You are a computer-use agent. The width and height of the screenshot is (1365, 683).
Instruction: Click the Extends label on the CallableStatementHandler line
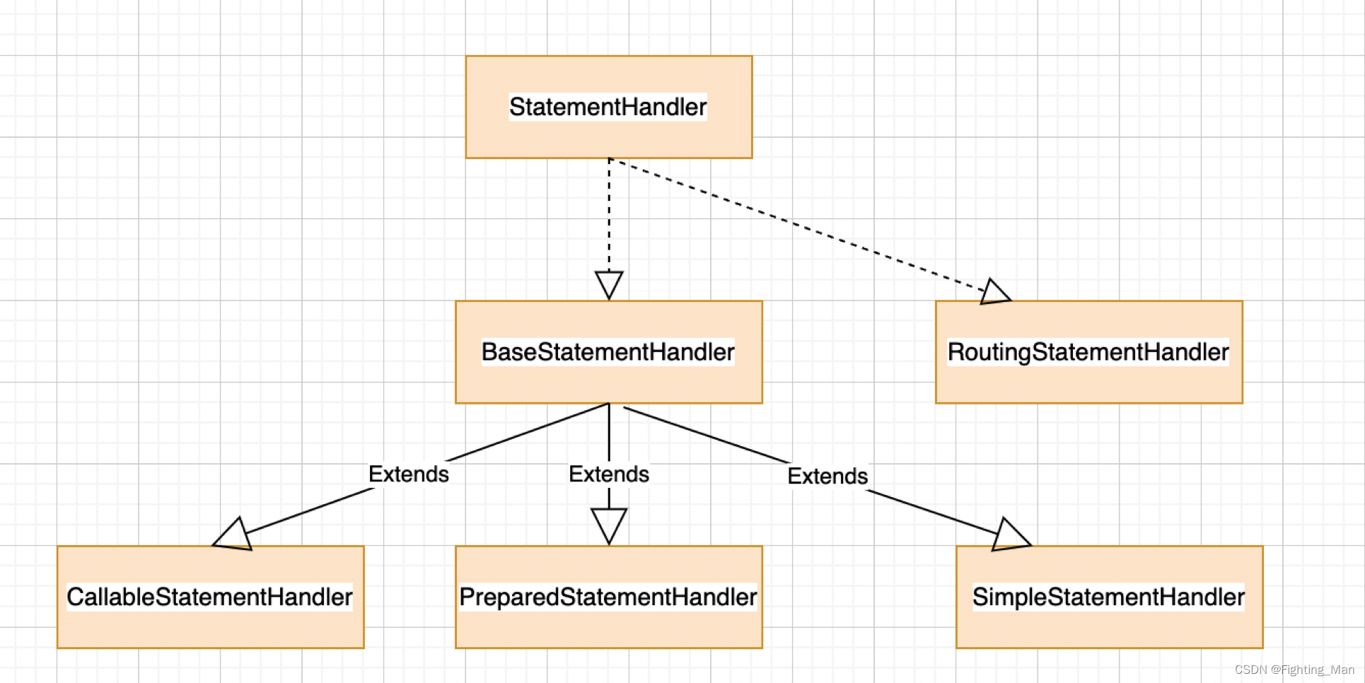(x=409, y=474)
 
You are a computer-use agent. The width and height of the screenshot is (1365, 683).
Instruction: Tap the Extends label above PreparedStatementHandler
(x=608, y=474)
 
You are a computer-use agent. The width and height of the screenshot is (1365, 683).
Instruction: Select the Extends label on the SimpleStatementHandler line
(x=827, y=476)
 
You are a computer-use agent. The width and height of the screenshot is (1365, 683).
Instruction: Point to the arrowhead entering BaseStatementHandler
(x=609, y=284)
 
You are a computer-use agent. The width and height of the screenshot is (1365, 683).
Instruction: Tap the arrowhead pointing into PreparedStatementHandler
(x=609, y=525)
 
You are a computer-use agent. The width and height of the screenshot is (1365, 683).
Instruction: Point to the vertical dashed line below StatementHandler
(x=609, y=212)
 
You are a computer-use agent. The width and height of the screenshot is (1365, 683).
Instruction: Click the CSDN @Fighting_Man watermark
(x=1294, y=670)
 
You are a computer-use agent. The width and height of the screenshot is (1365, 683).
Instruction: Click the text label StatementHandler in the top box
(x=608, y=107)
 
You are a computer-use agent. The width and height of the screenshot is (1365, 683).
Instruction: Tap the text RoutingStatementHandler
(x=1088, y=351)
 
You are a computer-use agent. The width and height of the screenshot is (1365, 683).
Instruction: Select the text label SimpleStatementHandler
(x=1108, y=597)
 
